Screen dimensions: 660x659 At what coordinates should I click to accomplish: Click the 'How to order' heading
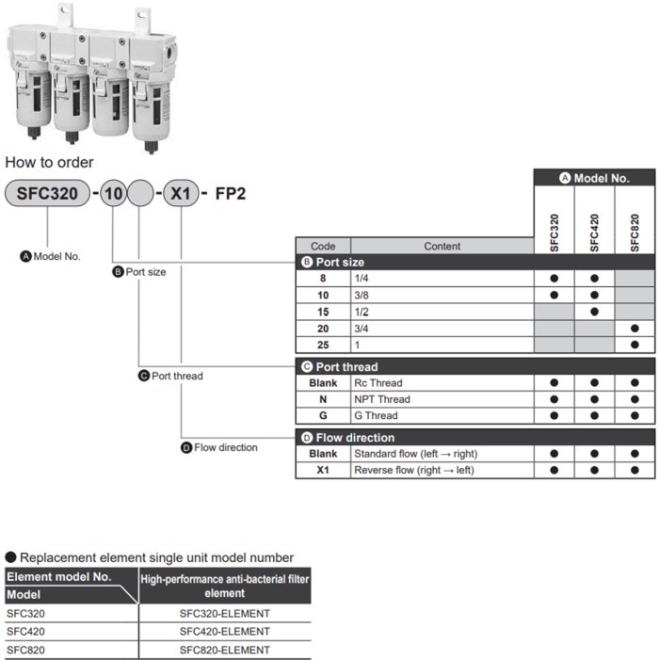coord(49,162)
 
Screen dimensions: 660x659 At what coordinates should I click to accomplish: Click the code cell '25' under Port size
coord(323,345)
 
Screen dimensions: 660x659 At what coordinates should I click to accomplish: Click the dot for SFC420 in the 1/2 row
coord(594,312)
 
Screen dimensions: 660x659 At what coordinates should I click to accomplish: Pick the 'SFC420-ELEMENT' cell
coord(224,632)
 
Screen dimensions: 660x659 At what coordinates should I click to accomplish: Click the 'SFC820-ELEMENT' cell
coord(224,650)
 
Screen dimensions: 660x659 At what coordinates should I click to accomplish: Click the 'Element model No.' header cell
coord(59,577)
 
